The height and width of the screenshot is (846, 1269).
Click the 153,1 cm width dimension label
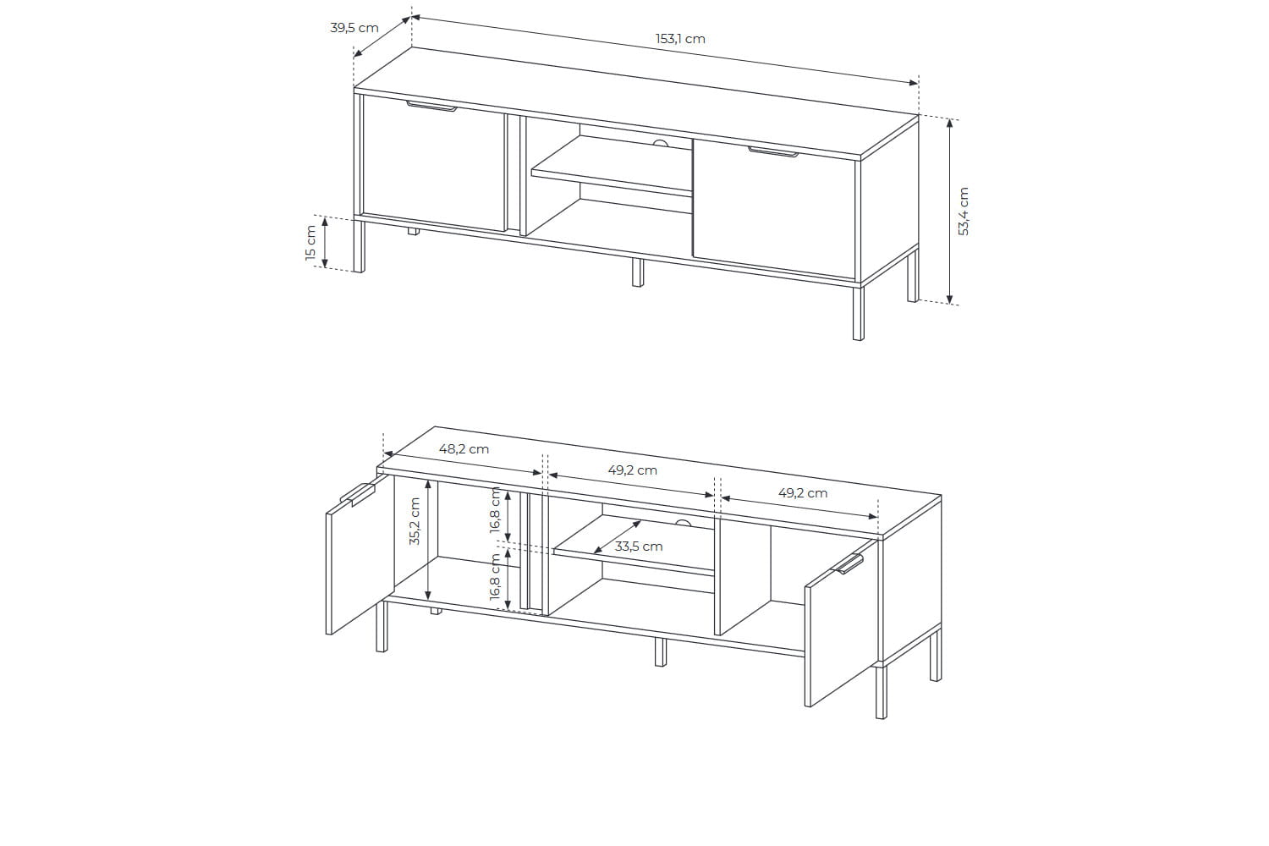click(x=680, y=39)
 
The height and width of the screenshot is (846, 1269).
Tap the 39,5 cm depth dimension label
click(x=354, y=28)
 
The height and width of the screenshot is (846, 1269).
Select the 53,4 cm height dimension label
click(x=964, y=211)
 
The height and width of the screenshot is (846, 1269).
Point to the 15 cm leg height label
click(x=310, y=243)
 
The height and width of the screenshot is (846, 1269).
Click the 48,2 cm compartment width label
click(x=464, y=449)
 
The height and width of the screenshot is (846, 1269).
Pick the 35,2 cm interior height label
click(x=415, y=521)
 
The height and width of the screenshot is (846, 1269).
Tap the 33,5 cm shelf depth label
click(x=639, y=547)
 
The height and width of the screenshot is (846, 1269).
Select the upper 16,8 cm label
click(x=496, y=511)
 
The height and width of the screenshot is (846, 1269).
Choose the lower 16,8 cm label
click(x=496, y=578)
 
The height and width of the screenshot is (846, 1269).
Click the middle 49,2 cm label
click(x=632, y=470)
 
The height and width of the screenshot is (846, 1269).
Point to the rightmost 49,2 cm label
click(x=803, y=493)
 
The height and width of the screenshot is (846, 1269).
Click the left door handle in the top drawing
click(x=431, y=107)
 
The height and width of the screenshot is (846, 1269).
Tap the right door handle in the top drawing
click(x=772, y=152)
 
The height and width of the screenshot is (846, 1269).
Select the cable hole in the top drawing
click(x=660, y=143)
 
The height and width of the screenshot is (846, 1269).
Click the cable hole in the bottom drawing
click(x=684, y=524)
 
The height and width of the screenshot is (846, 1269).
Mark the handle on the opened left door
click(x=358, y=494)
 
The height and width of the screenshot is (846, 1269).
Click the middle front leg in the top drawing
click(x=637, y=273)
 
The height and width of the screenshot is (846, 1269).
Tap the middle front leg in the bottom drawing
click(x=660, y=651)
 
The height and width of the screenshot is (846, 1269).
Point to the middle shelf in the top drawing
click(x=612, y=166)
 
